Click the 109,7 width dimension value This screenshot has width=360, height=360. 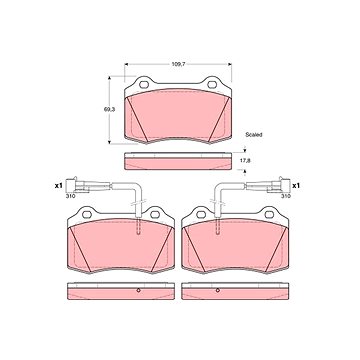click(x=178, y=64)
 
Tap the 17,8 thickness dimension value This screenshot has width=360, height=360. click(x=245, y=160)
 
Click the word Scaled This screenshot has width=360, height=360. click(x=254, y=135)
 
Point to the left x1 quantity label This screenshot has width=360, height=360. click(x=59, y=186)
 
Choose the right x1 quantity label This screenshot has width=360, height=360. click(x=296, y=186)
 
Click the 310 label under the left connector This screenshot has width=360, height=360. click(x=70, y=196)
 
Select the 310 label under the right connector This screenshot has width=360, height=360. click(x=286, y=196)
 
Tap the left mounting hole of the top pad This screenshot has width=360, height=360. click(x=144, y=85)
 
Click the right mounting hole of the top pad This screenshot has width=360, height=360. click(x=212, y=85)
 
